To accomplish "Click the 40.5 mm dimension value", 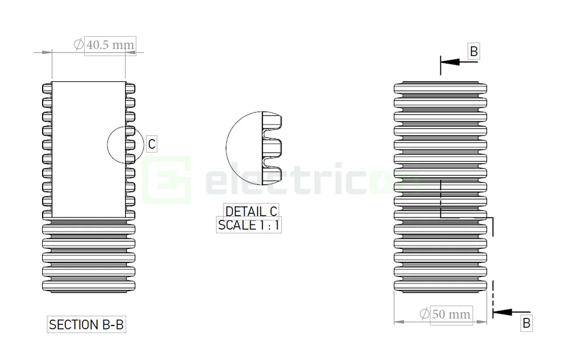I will point(110,45).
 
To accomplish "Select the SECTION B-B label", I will point(86,325).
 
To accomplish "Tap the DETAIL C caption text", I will point(251,212).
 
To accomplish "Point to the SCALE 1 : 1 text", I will point(249,225).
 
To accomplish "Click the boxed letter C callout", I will point(151,144).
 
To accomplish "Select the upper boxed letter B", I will point(474,51).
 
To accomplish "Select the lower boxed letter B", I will point(526,323).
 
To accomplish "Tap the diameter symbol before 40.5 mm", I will point(78,45).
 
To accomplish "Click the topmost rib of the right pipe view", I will point(440,88).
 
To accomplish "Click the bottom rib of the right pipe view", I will point(440,286).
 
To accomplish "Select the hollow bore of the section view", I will point(88,146).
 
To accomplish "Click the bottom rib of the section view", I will point(88,286).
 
